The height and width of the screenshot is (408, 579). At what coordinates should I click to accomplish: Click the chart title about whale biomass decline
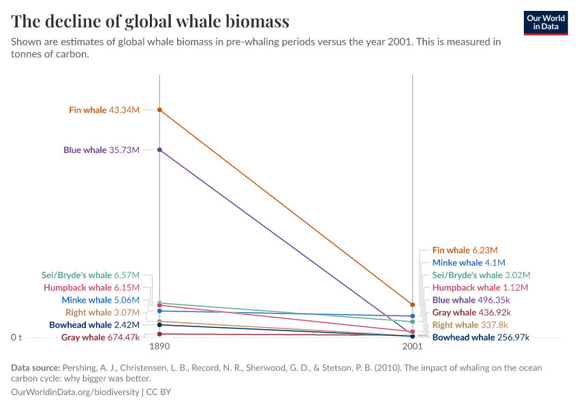click(151, 21)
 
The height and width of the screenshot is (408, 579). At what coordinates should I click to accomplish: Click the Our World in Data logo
click(546, 22)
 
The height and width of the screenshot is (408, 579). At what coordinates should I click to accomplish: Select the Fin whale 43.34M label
click(104, 109)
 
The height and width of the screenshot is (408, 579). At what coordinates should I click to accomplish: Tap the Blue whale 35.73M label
click(101, 150)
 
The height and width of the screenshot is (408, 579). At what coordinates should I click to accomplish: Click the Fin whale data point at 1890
click(159, 109)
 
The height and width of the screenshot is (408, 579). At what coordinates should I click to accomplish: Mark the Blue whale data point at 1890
click(159, 150)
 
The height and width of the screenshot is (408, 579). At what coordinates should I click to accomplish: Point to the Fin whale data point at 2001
click(412, 305)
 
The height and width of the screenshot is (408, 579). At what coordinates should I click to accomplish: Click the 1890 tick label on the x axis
click(159, 346)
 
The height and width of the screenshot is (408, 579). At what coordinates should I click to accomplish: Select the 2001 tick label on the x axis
click(412, 346)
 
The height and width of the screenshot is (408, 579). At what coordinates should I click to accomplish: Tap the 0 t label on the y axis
click(16, 337)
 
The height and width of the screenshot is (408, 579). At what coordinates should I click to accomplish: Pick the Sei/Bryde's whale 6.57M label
click(91, 275)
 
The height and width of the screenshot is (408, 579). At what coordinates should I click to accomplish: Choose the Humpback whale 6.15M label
click(91, 288)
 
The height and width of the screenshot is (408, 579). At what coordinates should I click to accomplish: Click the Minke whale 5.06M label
click(100, 300)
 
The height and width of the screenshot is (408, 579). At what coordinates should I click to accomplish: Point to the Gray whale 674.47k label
click(100, 337)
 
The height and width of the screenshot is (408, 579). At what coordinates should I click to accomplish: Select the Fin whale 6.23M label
click(465, 250)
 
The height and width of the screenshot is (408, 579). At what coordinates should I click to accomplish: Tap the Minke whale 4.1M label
click(469, 262)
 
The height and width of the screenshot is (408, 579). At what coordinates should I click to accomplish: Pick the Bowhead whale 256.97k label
click(481, 337)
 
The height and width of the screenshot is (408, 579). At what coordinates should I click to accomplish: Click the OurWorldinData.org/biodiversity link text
click(75, 392)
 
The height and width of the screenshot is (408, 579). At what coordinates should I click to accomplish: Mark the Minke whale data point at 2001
click(412, 316)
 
